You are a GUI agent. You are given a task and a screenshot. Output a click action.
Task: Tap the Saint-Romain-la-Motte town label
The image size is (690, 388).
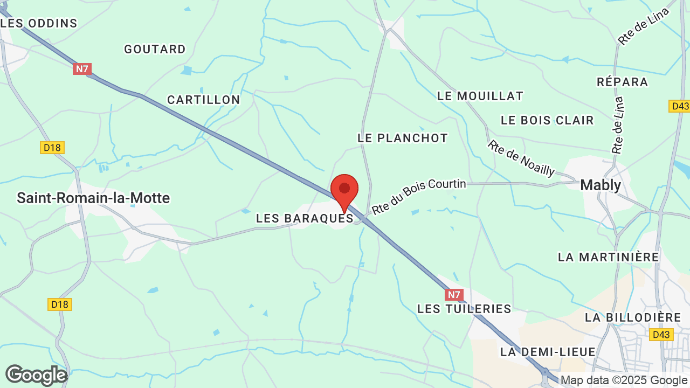[93, 198]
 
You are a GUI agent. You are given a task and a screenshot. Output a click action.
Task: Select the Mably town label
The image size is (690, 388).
[601, 185]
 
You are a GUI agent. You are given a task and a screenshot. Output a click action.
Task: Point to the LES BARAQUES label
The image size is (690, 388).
[305, 218]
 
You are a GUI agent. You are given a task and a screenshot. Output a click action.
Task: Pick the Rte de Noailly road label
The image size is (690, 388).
[521, 158]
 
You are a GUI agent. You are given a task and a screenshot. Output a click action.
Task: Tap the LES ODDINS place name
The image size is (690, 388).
[39, 23]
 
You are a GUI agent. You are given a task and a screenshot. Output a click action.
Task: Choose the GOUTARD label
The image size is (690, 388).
[155, 49]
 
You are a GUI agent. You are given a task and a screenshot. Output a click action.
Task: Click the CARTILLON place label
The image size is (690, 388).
[203, 100]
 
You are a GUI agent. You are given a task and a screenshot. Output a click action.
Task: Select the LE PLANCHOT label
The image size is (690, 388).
[403, 138]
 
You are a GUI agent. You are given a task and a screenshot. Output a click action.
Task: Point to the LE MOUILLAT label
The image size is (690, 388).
[480, 96]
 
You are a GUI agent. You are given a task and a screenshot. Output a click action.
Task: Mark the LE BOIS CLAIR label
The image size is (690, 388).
[547, 120]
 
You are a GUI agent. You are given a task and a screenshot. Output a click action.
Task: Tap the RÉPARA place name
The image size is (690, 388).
[622, 82]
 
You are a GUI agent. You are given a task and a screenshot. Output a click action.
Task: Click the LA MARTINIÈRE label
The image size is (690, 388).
[609, 257]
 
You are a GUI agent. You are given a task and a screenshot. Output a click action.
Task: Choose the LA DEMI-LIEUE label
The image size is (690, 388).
[548, 352]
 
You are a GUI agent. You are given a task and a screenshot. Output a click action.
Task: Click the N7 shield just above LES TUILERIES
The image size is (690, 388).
[454, 295]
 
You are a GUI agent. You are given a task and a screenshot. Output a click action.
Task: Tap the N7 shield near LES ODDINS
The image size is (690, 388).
[82, 69]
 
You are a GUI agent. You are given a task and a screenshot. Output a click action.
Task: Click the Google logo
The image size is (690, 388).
[36, 375]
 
